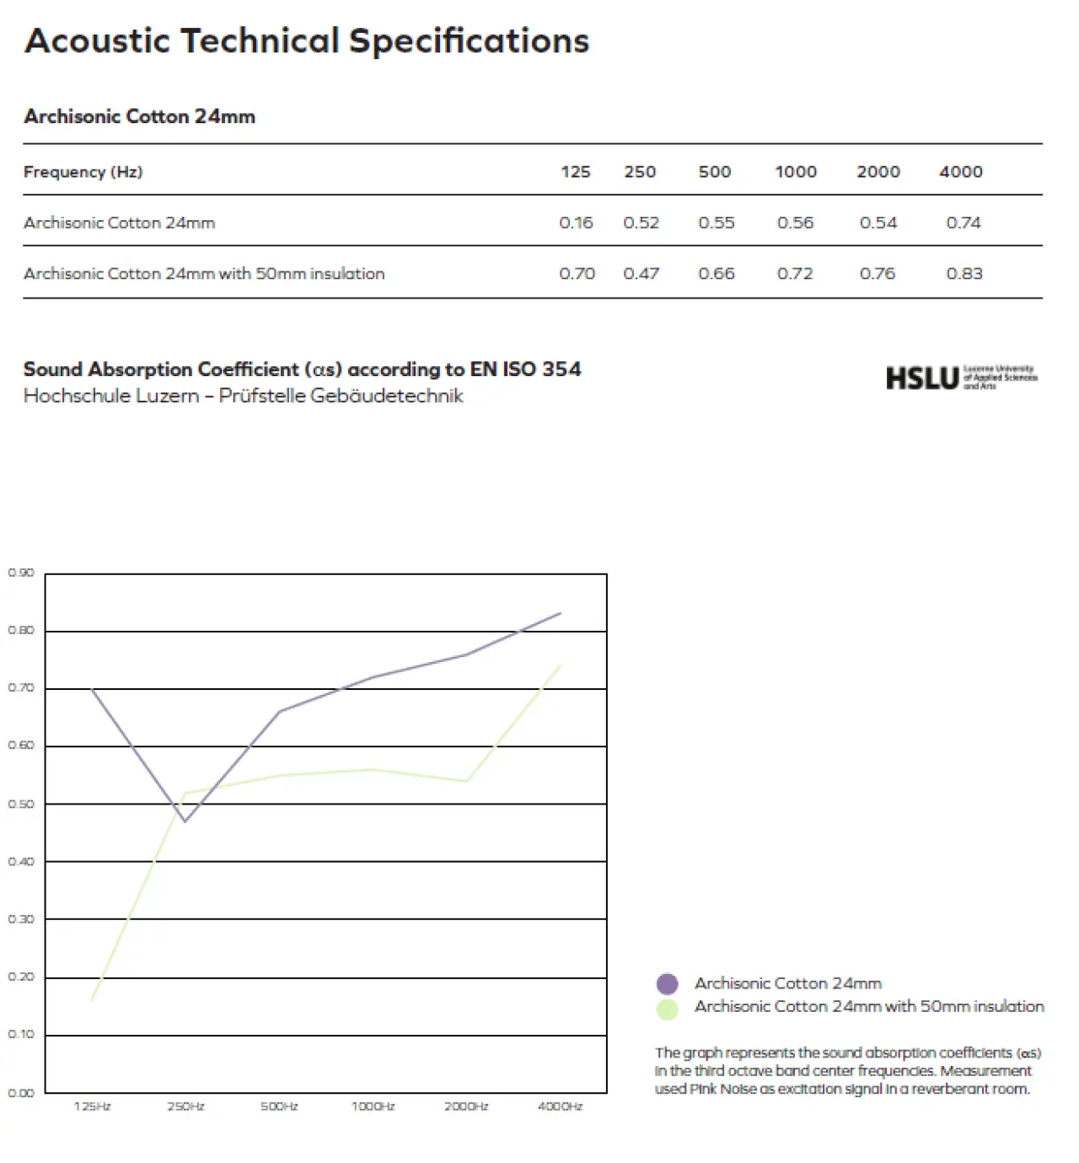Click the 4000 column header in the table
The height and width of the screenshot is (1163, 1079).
pos(960,172)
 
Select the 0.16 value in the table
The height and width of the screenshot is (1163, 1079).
pos(576,223)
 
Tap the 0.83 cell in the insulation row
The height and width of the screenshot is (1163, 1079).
pos(964,273)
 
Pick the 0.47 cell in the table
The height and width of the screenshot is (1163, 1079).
pos(641,273)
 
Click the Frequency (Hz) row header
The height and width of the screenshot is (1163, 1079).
pos(83,172)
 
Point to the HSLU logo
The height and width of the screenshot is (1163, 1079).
pos(961,378)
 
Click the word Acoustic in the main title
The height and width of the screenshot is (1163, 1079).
pos(97,40)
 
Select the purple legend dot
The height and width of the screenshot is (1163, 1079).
pos(667,984)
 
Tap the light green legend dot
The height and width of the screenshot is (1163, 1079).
pos(667,1009)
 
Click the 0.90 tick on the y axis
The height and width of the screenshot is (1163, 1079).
pos(21,573)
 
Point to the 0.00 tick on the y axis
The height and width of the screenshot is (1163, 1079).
pos(21,1093)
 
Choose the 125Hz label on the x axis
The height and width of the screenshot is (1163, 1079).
pos(92,1106)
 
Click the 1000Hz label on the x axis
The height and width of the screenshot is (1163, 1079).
pos(373,1106)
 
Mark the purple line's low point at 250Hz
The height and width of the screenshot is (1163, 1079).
pos(185,821)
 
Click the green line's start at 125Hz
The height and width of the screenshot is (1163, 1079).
pos(91,1000)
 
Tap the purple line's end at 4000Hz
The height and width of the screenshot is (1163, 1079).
pos(561,613)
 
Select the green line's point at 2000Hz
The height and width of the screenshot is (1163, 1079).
pos(466,781)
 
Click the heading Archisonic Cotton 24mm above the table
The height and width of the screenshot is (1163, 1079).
pos(139,116)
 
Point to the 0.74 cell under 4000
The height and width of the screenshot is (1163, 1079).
pos(964,223)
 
